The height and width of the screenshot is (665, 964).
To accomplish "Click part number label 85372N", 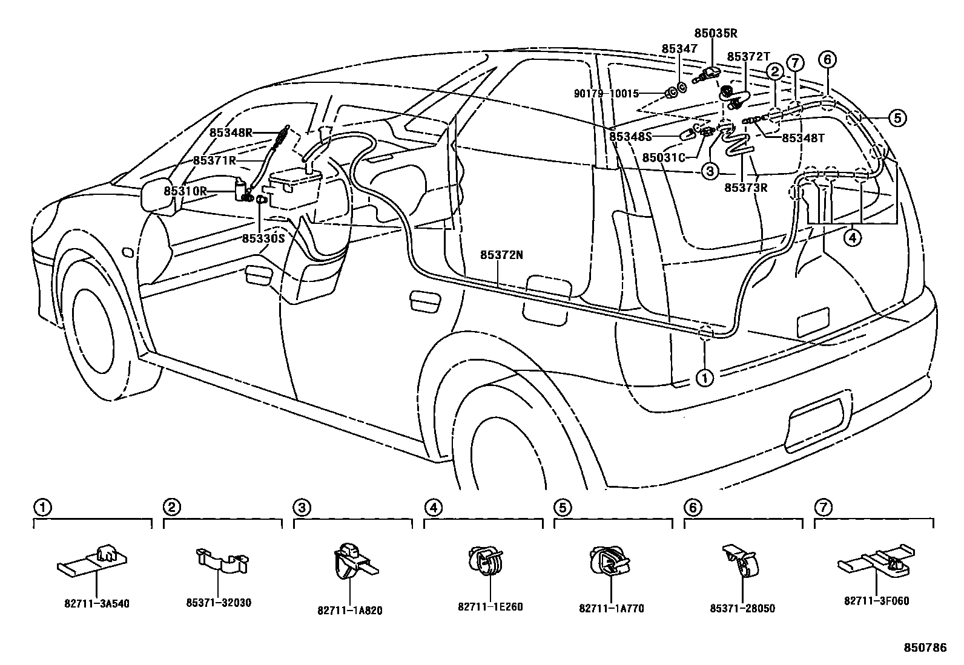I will [501, 255].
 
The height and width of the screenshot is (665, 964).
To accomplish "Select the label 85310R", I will [185, 191].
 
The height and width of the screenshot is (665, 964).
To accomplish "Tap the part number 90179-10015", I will [606, 94].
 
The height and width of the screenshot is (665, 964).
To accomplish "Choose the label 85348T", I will [803, 137].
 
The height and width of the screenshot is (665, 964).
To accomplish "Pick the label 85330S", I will [263, 238].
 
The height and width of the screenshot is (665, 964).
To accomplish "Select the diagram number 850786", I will [925, 647].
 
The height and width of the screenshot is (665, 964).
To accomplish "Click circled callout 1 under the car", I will [705, 379].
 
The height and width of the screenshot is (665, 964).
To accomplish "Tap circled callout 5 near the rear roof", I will [897, 118].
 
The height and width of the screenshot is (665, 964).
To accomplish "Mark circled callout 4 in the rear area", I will [852, 238].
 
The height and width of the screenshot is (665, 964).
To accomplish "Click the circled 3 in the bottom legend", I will [302, 507].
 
